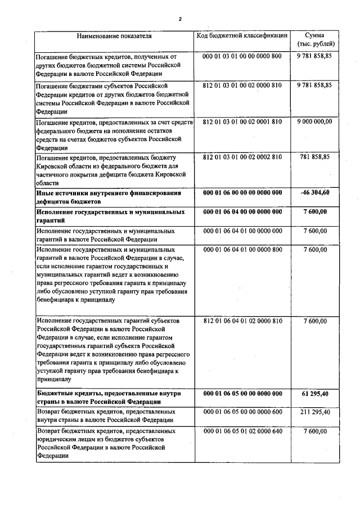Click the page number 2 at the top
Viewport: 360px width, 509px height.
click(x=180, y=19)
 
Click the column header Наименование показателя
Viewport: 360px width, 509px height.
click(x=115, y=37)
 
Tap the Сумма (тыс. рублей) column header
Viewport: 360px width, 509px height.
click(x=314, y=39)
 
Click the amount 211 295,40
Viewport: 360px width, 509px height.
click(x=315, y=412)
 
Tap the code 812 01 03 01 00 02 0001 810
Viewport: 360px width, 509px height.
click(x=242, y=121)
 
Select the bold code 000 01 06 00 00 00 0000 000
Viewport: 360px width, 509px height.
click(x=242, y=192)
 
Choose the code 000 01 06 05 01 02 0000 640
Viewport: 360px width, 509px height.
click(x=242, y=431)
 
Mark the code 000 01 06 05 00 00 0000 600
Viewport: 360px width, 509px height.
click(x=242, y=412)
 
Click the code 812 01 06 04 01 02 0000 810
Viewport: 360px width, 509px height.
click(x=242, y=321)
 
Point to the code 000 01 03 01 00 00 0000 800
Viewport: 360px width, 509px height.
click(x=242, y=57)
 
